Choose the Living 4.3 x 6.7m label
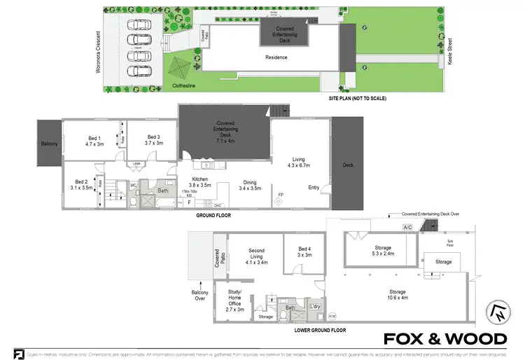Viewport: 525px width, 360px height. click(299, 162)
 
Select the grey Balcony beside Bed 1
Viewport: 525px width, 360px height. click(49, 143)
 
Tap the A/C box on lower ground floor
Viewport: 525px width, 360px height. click(407, 227)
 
